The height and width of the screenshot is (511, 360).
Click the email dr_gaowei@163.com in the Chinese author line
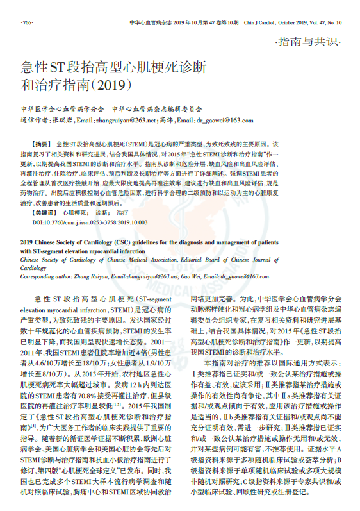[x=224, y=120]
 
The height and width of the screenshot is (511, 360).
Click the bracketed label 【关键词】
[x=47, y=212]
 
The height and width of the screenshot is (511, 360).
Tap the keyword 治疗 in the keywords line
[x=123, y=212]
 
